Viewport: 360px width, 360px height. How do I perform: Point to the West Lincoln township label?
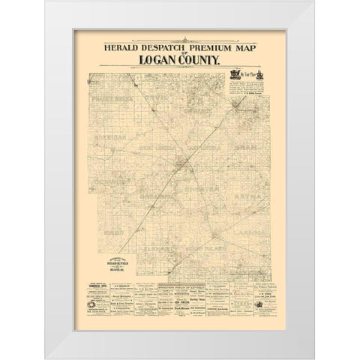(148, 145)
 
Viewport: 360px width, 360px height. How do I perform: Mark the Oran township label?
(238, 148)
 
